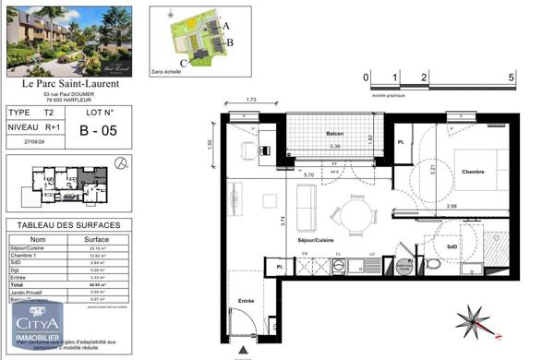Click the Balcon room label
click(x=334, y=134)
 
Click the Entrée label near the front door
click(x=247, y=301)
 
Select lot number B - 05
click(x=96, y=130)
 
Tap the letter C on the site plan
click(x=184, y=63)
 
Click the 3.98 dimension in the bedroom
click(x=452, y=206)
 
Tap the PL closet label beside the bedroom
click(x=402, y=143)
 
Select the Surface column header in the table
click(x=96, y=238)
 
